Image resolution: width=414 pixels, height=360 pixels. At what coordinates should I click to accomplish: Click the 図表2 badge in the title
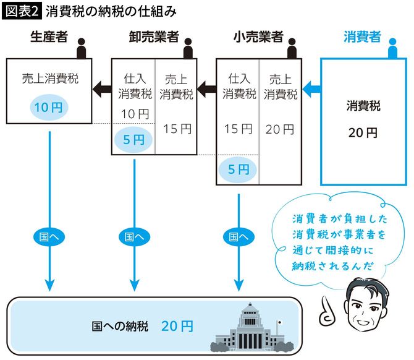click(x=23, y=11)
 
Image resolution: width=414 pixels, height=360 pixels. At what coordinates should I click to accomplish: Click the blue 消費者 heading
click(x=362, y=38)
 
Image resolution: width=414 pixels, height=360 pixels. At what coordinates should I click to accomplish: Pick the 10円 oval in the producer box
click(x=49, y=108)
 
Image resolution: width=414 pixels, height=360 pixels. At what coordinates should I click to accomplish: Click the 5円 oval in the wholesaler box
click(x=133, y=139)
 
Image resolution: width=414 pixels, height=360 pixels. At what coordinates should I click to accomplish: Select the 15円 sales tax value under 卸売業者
click(x=175, y=129)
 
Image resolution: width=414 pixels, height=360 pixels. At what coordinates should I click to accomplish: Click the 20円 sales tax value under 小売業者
click(x=280, y=129)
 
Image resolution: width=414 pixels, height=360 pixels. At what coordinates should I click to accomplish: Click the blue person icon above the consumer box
click(x=391, y=48)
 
